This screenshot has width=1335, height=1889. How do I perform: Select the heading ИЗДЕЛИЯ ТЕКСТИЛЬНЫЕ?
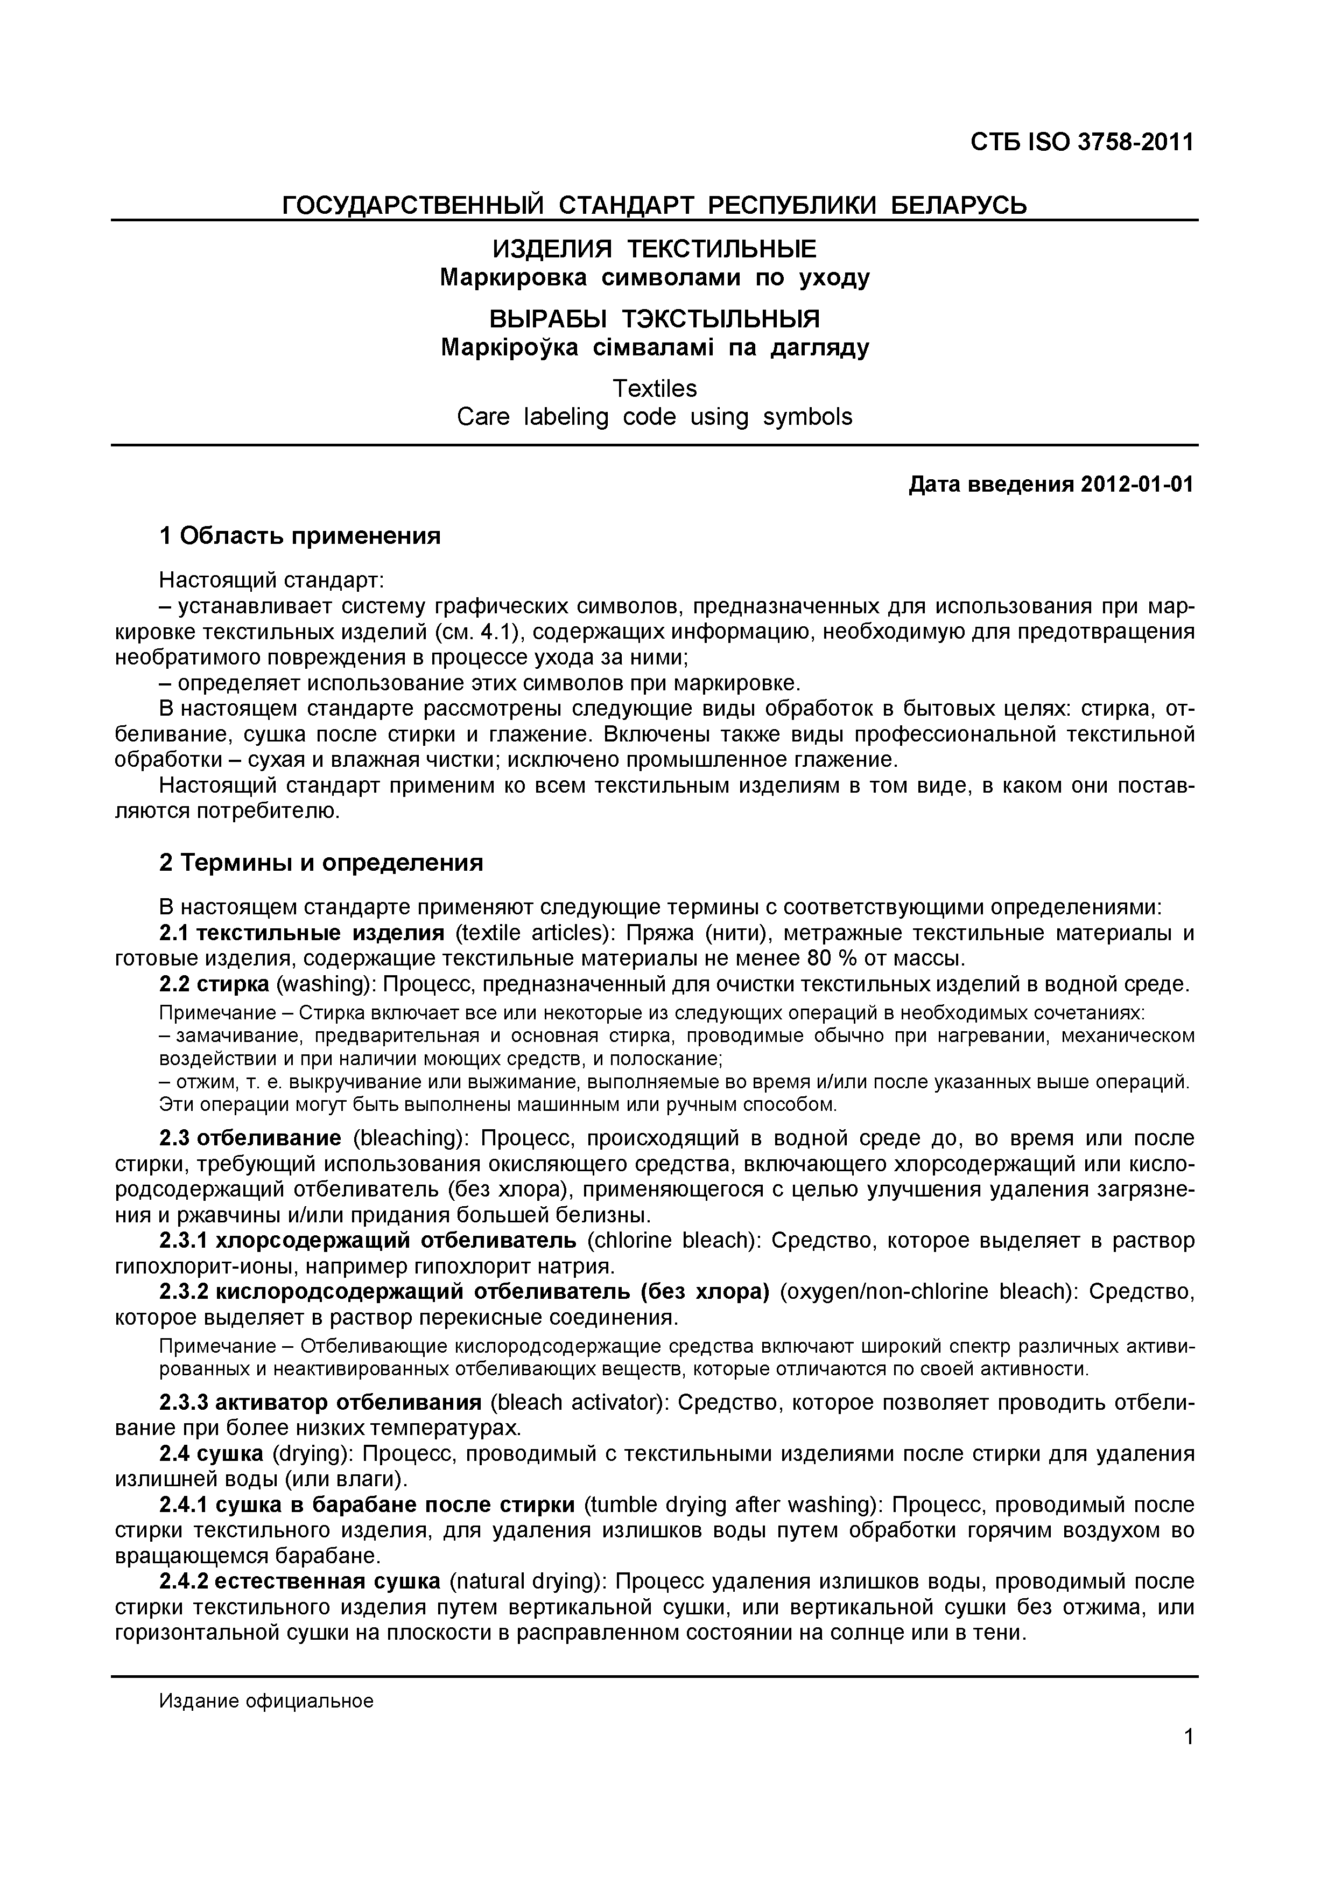click(654, 248)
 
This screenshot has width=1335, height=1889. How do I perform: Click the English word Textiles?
click(655, 388)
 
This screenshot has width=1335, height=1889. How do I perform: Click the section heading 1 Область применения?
click(299, 536)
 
